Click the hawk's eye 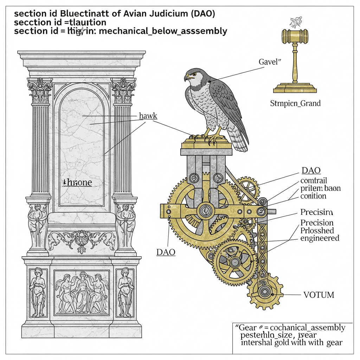(193, 74)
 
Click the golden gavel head (295, 35)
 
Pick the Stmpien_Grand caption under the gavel (295, 103)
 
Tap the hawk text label (148, 116)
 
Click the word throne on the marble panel (77, 182)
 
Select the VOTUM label (318, 295)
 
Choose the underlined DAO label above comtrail (311, 171)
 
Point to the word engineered (320, 238)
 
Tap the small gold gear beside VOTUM (265, 291)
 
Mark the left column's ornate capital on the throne (40, 90)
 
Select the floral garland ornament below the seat (82, 239)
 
